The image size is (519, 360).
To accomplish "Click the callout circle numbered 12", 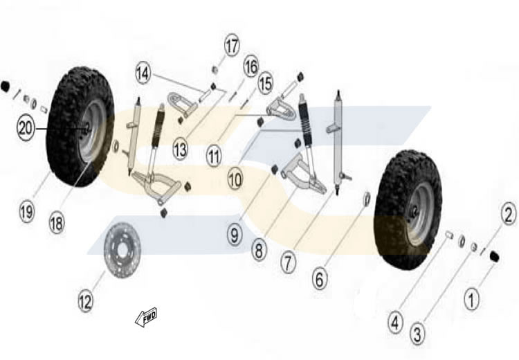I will pyautogui.click(x=84, y=302).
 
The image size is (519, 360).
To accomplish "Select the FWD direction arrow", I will pyautogui.click(x=147, y=316).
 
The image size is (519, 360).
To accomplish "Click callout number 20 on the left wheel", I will pyautogui.click(x=26, y=129).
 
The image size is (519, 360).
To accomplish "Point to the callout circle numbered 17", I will pyautogui.click(x=231, y=47).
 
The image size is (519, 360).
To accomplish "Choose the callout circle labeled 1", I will pyautogui.click(x=471, y=300).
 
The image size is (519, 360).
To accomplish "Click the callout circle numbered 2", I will pyautogui.click(x=509, y=215).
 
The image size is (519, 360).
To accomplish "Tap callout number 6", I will pyautogui.click(x=319, y=279).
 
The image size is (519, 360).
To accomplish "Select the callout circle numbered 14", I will pyautogui.click(x=143, y=72).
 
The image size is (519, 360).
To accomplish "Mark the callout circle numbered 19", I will pyautogui.click(x=26, y=212).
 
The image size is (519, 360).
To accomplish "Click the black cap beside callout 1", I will pyautogui.click(x=495, y=258).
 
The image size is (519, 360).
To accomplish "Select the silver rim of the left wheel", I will pyautogui.click(x=95, y=130).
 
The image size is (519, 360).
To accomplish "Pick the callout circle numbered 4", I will pyautogui.click(x=394, y=322).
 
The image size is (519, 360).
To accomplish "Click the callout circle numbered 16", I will pyautogui.click(x=250, y=67).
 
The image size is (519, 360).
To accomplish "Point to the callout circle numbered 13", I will pyautogui.click(x=181, y=148).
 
